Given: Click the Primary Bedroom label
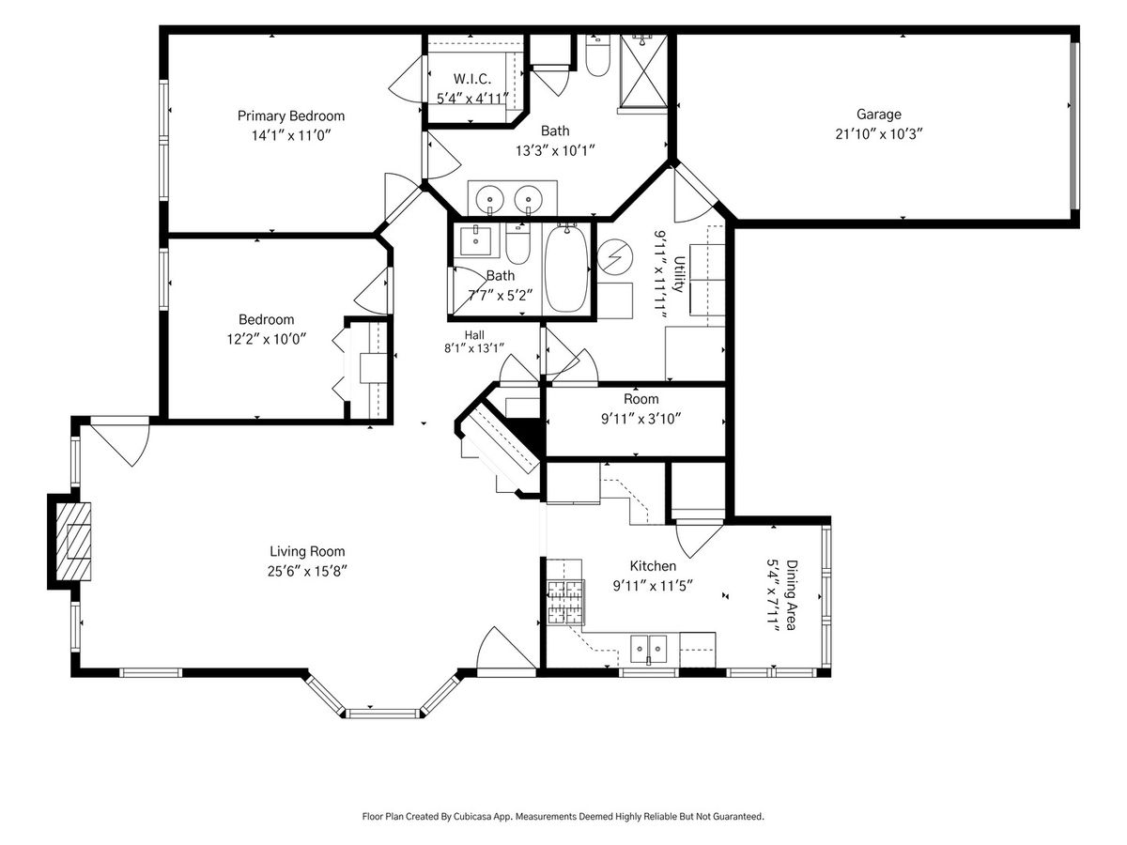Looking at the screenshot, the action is [290, 115].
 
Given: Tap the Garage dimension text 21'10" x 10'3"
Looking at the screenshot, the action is [878, 134].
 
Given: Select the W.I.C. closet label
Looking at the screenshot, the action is [471, 79].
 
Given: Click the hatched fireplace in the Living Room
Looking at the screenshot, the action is [73, 542].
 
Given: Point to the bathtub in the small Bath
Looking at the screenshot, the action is [566, 269].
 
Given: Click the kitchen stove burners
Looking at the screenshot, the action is [565, 603].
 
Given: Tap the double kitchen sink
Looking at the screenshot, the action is [648, 650].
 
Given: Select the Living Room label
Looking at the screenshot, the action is [307, 551].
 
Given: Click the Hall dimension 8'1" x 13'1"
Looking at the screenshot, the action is [474, 348].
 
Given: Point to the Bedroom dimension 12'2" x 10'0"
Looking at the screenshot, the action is [266, 340].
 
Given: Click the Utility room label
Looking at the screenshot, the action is [679, 274].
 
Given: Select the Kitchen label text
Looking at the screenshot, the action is [653, 566].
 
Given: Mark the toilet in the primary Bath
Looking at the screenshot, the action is [597, 54].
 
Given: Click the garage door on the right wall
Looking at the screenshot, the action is [1074, 125].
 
